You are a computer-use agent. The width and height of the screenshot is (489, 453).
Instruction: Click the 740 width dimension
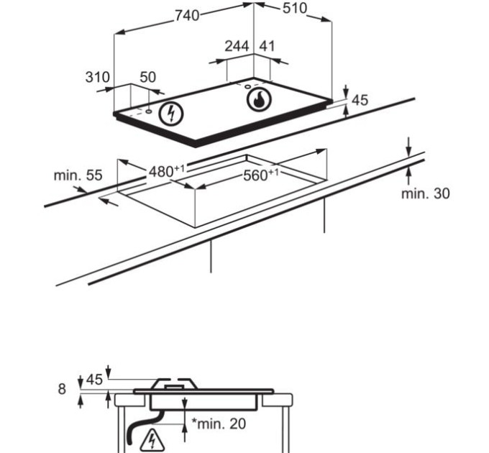pos(187,15)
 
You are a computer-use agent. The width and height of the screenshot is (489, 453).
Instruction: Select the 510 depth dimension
pos(295,9)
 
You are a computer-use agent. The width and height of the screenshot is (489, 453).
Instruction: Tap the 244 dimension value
pos(237,46)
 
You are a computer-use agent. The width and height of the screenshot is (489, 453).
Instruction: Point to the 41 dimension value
pos(267,46)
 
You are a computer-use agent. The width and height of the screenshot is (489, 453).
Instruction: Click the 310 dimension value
pos(98,77)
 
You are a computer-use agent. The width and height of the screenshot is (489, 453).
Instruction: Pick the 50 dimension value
pos(147,77)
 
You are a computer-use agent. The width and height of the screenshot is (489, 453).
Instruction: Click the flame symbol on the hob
pos(259,99)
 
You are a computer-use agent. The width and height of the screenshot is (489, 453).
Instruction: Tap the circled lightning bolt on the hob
pos(171,114)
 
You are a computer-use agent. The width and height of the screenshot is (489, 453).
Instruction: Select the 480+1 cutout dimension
pos(167,171)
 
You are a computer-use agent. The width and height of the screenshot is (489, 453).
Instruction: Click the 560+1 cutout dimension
pos(261,175)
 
